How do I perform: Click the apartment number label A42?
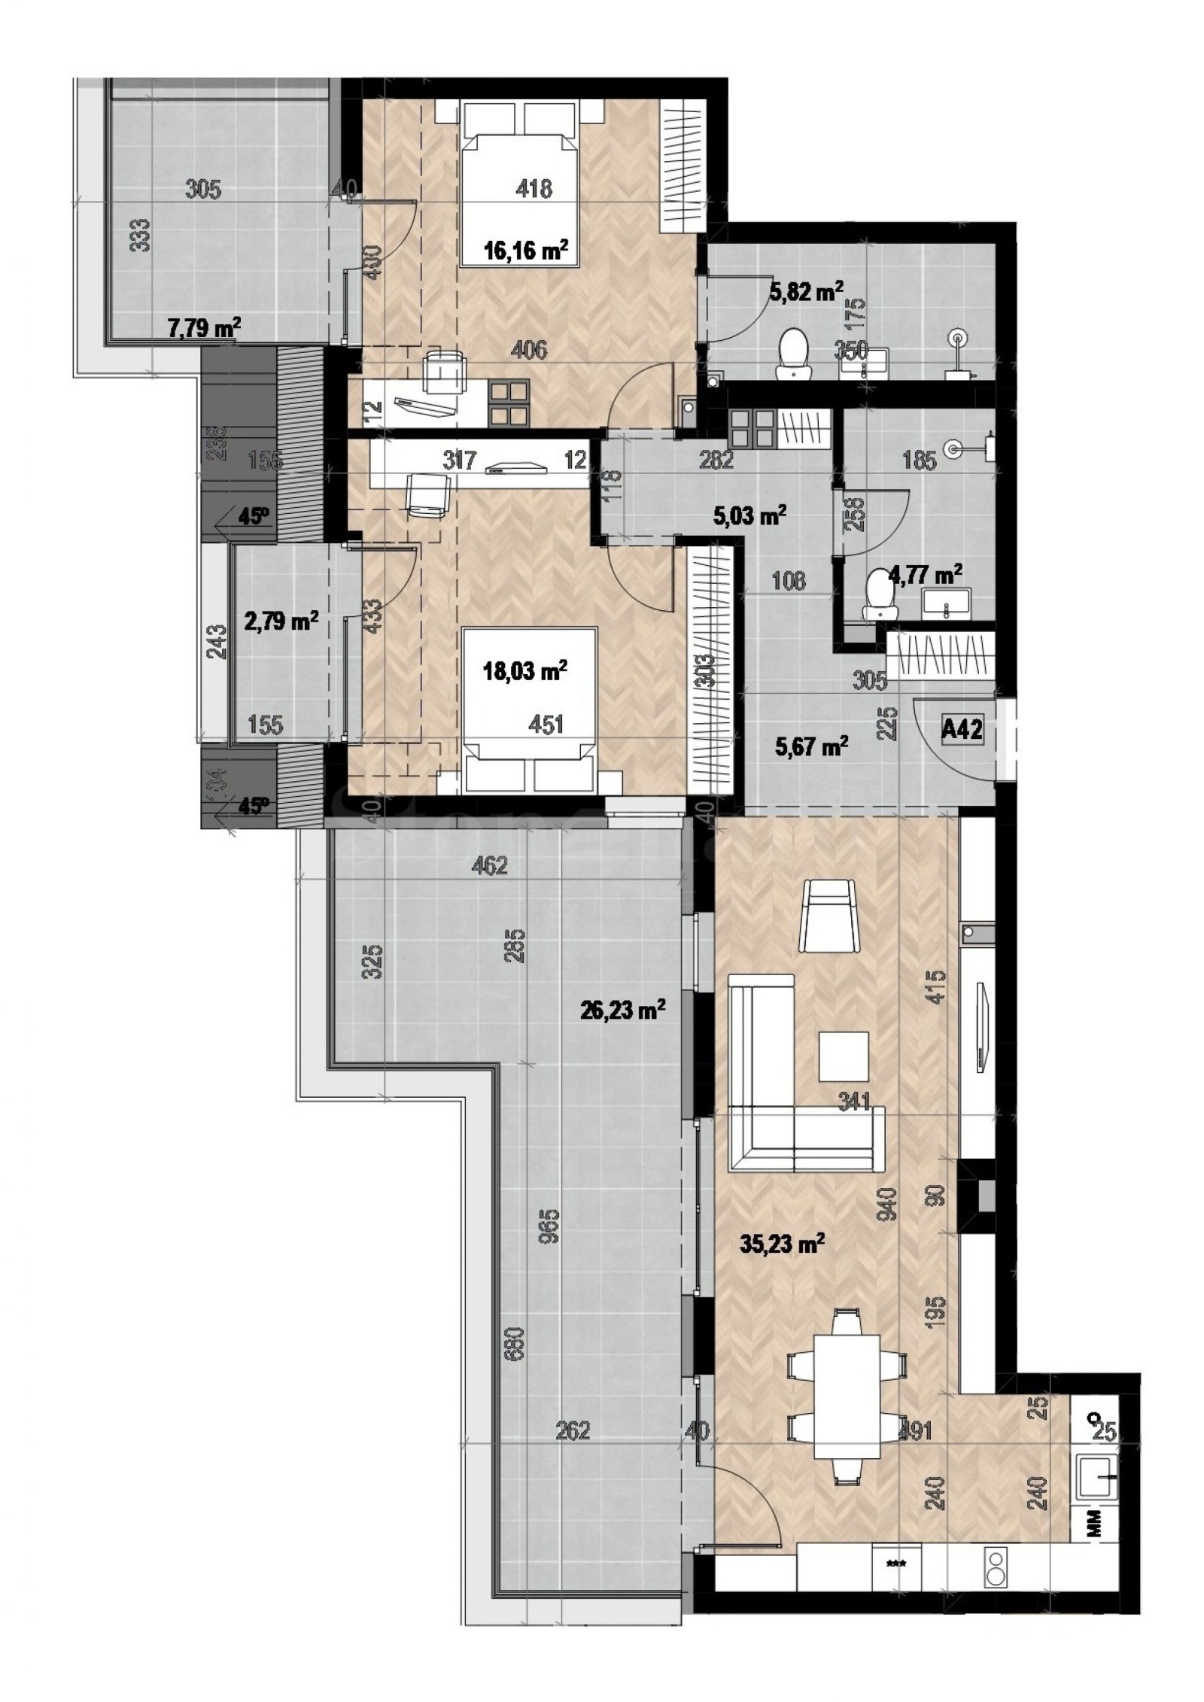(x=962, y=729)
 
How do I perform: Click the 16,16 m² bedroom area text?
(x=526, y=250)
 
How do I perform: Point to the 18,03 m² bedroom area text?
(x=524, y=670)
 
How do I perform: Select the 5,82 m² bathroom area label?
(x=806, y=290)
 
